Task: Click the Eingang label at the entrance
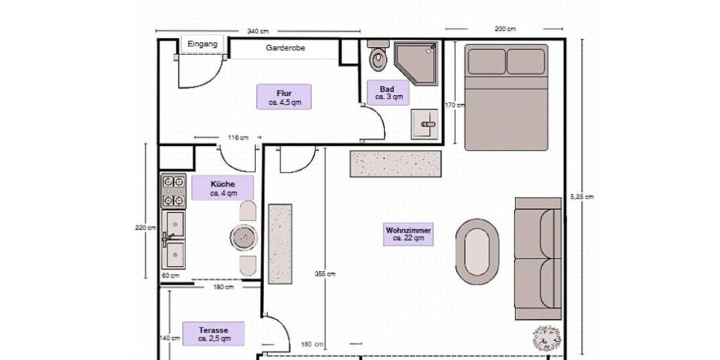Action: tap(202, 44)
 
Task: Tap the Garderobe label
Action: tap(286, 48)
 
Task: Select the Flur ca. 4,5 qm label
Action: tap(284, 97)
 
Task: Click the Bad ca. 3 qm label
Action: tap(388, 93)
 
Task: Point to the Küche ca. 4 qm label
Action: tap(223, 188)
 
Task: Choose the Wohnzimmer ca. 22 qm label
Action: tap(409, 234)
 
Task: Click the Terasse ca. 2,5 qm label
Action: tap(214, 334)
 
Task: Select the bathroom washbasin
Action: tap(425, 123)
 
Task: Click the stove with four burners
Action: tap(173, 191)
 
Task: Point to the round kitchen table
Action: tap(245, 238)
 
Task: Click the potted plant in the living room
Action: tap(546, 338)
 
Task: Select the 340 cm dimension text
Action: tap(257, 31)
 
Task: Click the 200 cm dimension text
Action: tap(505, 28)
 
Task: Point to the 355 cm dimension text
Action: tap(325, 274)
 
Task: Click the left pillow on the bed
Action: tap(487, 62)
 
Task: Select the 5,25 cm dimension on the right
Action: tap(581, 197)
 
